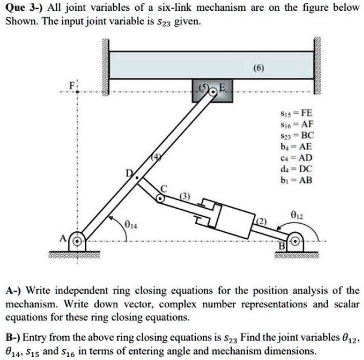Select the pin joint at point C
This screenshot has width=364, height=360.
pos(160,195)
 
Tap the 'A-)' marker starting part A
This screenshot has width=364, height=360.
pos(12,291)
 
